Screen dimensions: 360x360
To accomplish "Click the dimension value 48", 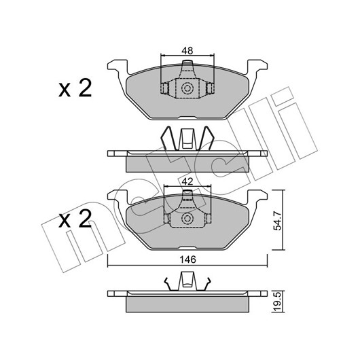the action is pos(187,51).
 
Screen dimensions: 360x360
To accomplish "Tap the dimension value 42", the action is pos(187,181).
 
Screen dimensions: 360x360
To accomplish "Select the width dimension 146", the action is pos(187,259).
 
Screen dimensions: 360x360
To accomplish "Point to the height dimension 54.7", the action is pos(278,221).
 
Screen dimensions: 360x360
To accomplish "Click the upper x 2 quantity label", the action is pos(75,88).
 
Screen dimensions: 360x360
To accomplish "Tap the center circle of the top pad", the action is pos(187,88).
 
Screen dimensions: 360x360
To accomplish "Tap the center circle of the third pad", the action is pos(187,218).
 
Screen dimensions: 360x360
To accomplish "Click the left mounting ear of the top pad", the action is pos(118,67).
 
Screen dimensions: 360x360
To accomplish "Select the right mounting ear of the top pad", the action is pos(257,67).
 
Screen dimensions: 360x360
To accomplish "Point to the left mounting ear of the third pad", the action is pos(118,197).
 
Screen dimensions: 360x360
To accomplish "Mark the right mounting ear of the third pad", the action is pos(257,197).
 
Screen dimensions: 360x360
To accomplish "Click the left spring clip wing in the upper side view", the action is pos(169,138).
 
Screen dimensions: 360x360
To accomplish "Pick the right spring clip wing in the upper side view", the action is pos(206,138).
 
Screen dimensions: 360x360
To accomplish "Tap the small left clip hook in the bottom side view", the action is pos(169,284).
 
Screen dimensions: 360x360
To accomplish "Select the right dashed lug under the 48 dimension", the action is pos(211,88).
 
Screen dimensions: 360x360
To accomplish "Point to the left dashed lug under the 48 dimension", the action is pos(164,88).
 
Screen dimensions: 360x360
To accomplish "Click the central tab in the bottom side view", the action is pos(187,281).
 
